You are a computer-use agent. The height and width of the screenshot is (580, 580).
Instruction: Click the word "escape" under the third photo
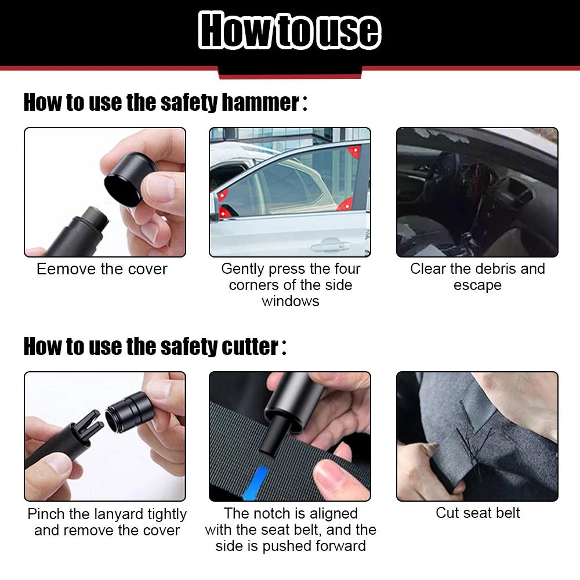[477, 285]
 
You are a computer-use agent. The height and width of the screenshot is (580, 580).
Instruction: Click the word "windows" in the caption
[290, 301]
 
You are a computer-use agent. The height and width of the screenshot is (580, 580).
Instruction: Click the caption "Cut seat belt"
[477, 513]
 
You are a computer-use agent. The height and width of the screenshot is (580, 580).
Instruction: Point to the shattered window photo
[477, 193]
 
